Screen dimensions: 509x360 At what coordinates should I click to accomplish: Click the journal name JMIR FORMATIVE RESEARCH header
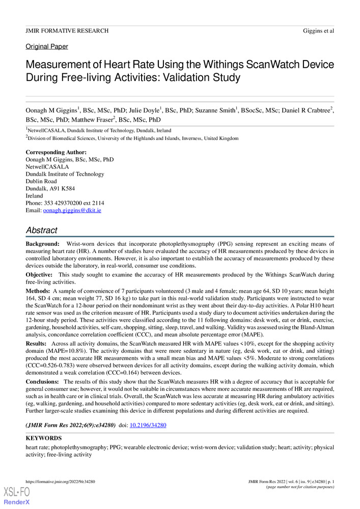67,31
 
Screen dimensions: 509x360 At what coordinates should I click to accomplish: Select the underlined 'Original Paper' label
46,47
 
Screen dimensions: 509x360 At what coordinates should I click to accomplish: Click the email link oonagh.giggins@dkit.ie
72,210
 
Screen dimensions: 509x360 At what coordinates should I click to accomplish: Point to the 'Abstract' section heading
42,230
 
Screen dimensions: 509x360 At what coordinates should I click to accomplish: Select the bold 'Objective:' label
40,275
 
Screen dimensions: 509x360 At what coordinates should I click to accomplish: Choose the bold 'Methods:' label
38,290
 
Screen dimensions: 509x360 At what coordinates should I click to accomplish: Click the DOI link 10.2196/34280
149,425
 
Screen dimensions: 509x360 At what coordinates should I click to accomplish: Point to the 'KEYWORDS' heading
44,438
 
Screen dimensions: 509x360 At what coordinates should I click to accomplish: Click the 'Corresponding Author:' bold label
56,152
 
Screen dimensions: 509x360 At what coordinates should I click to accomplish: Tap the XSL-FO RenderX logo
17,496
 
